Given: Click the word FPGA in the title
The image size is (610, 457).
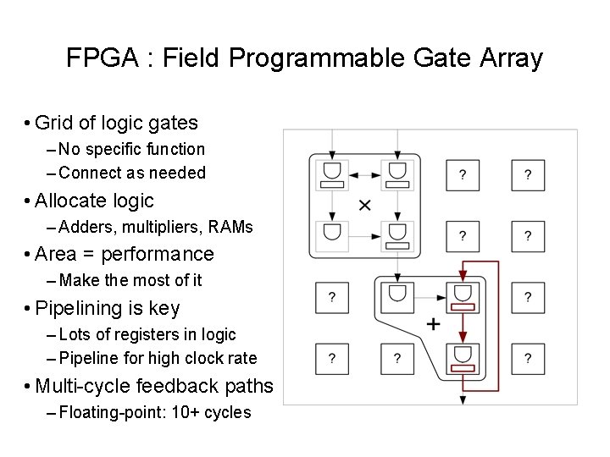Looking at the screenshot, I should point(94,58).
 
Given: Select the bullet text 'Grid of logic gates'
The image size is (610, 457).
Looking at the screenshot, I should point(116,123).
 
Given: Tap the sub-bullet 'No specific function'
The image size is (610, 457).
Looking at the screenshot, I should point(132,149).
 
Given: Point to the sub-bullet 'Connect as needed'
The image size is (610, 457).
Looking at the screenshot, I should point(132,173).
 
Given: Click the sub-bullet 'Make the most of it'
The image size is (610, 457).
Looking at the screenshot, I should point(130,280).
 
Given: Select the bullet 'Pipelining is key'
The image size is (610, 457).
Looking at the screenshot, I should point(108,308).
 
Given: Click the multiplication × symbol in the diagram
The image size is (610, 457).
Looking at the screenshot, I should point(364,204).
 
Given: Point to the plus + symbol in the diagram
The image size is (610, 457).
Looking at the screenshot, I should point(433,324).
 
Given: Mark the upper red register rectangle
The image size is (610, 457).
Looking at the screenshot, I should point(462,306).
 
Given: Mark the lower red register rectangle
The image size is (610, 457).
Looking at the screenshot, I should point(462,368).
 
